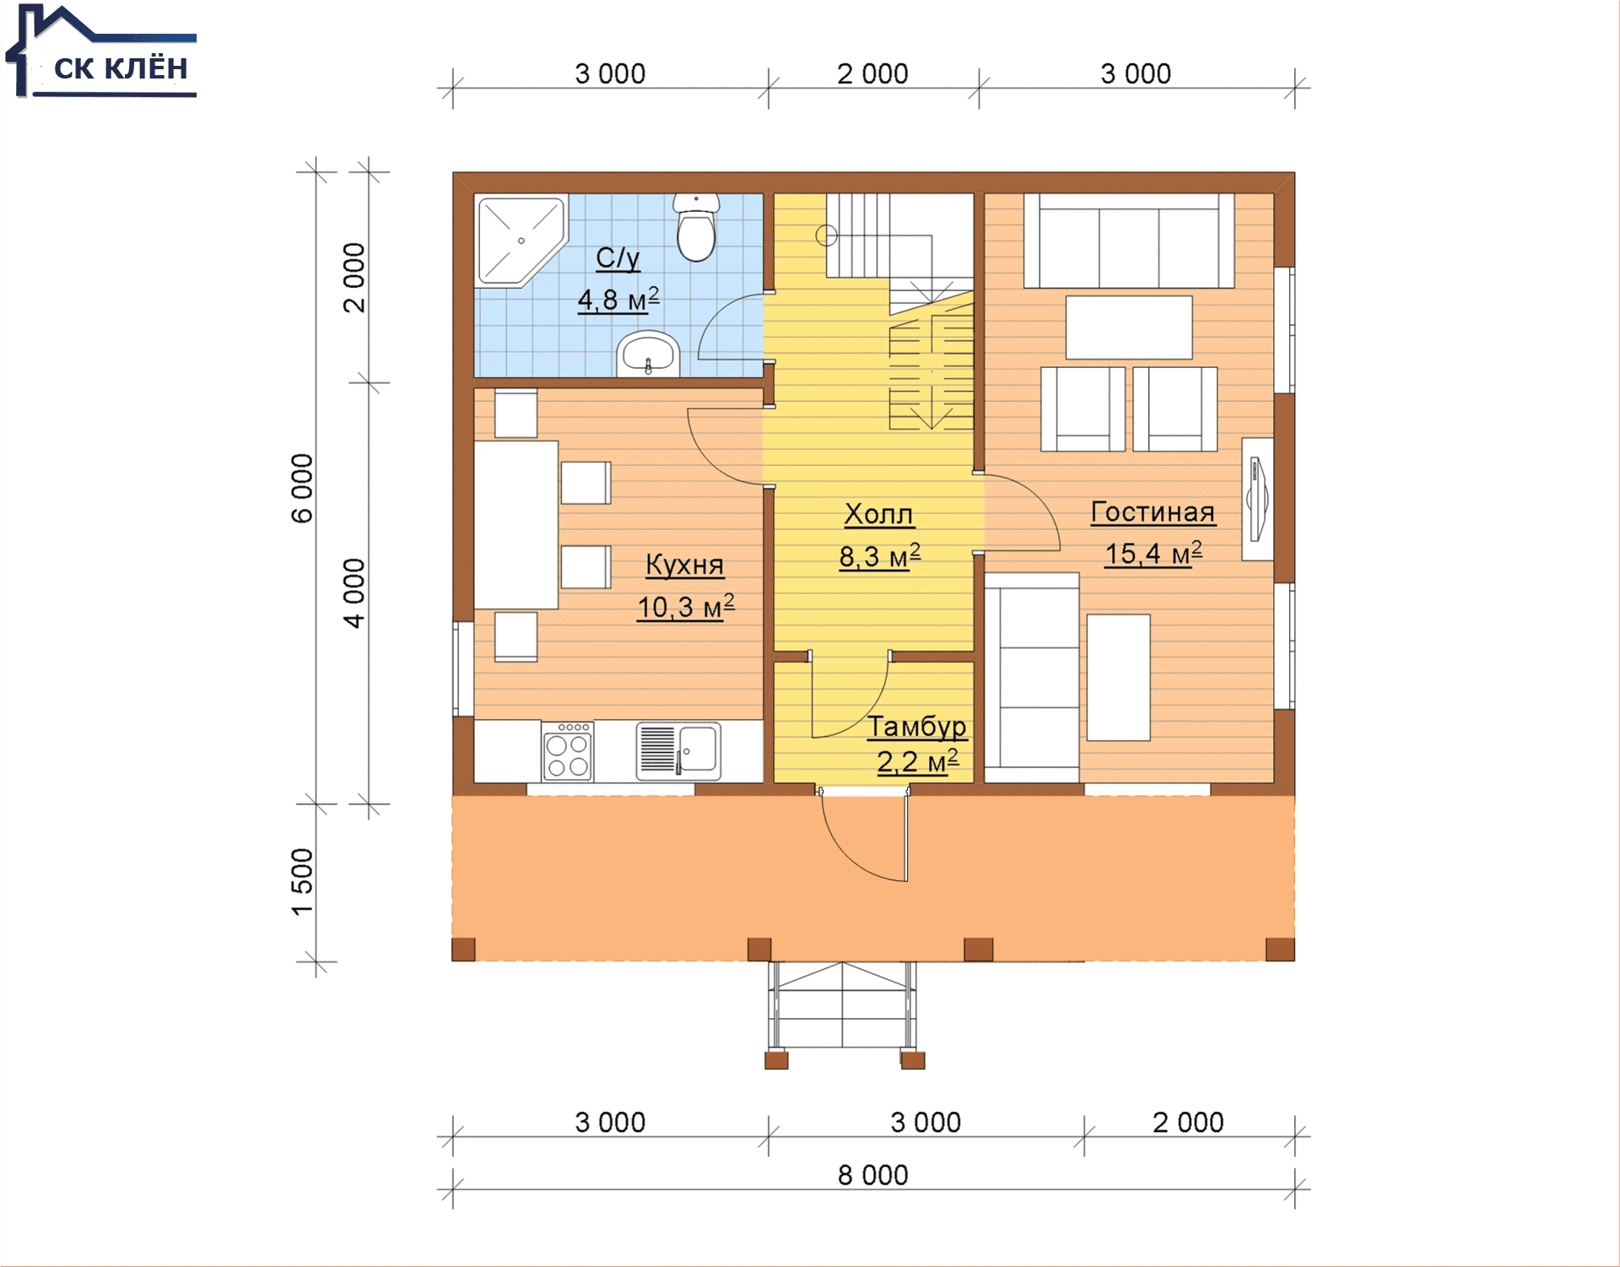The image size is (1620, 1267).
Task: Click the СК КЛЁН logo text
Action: [x=121, y=68]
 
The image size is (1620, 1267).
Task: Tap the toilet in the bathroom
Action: [x=696, y=227]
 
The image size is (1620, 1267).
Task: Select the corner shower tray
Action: [x=521, y=241]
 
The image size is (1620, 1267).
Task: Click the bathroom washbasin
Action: [x=648, y=353]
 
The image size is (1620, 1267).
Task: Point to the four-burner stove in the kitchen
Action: [x=567, y=750]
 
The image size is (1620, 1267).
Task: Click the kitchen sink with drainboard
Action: [x=678, y=750]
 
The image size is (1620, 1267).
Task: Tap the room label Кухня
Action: [x=684, y=565]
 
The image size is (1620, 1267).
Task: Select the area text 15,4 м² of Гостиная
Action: [x=1153, y=554]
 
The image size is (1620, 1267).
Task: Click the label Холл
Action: [x=878, y=514]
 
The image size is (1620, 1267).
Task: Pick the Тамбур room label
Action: [x=917, y=726]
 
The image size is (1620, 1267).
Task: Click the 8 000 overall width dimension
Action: [x=872, y=1175]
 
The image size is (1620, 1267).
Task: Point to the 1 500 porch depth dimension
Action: [x=302, y=882]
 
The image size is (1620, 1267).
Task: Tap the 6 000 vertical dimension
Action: [x=302, y=488]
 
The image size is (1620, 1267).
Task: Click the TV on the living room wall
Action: [x=1257, y=499]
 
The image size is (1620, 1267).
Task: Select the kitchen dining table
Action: [x=516, y=524]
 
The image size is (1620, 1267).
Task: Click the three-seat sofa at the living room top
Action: [x=1129, y=241]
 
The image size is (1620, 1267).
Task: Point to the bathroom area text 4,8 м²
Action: [x=618, y=300]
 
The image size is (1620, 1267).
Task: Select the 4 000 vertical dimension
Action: [x=354, y=593]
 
